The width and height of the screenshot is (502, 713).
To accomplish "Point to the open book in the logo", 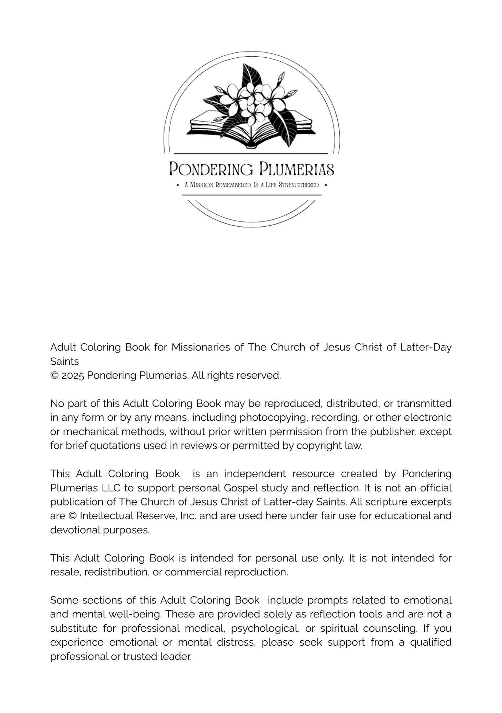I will click(251, 130).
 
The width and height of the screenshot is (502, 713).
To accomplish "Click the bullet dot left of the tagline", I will click(178, 185).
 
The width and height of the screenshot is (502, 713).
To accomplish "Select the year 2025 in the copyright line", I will click(73, 375).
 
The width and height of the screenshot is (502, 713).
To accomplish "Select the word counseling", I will click(390, 628).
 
